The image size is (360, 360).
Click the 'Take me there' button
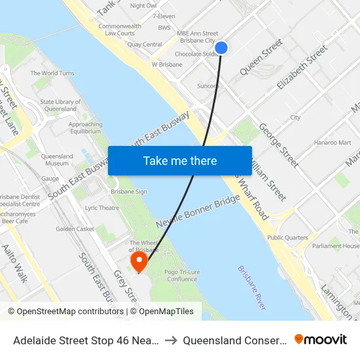[x=180, y=160]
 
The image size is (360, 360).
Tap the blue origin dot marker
[x=221, y=48]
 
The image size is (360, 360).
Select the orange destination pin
[x=139, y=262]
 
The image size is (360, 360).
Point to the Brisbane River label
[x=253, y=287]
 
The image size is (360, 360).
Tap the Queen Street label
[x=261, y=57]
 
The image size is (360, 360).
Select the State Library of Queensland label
[x=60, y=105]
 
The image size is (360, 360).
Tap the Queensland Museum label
[x=57, y=160]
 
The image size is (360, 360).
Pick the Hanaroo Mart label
[x=333, y=142]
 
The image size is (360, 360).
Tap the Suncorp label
[x=207, y=86]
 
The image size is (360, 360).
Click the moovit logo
[x=321, y=340]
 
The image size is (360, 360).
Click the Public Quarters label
[x=287, y=238]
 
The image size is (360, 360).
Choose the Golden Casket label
[x=75, y=229]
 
